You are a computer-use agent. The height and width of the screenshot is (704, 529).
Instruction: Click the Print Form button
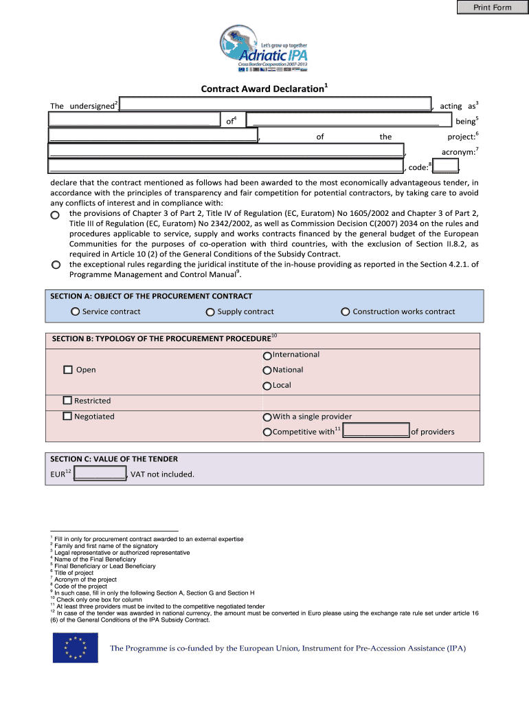click(492, 8)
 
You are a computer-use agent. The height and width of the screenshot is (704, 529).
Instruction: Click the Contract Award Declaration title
click(264, 89)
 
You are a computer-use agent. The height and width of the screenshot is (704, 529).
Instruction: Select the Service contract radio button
click(75, 312)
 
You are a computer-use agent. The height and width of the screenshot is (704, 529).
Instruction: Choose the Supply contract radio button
click(210, 312)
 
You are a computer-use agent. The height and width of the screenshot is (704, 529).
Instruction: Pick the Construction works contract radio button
click(346, 312)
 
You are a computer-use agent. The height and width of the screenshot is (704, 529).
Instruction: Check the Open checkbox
click(68, 370)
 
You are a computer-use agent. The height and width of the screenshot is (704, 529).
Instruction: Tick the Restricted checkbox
click(67, 400)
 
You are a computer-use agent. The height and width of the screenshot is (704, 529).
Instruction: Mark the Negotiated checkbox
click(67, 416)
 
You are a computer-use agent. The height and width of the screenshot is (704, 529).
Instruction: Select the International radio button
click(267, 355)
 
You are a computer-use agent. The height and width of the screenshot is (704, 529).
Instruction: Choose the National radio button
click(267, 371)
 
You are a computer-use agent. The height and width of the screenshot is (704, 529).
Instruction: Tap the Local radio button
click(267, 386)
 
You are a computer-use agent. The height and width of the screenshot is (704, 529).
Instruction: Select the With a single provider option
click(267, 417)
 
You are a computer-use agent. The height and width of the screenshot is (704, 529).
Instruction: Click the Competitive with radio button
click(267, 432)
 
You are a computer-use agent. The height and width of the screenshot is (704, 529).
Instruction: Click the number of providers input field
click(376, 431)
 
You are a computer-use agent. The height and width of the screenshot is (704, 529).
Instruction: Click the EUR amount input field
click(100, 474)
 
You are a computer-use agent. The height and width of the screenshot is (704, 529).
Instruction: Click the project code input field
click(446, 166)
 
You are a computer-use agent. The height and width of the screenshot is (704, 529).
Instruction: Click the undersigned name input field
click(276, 104)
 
